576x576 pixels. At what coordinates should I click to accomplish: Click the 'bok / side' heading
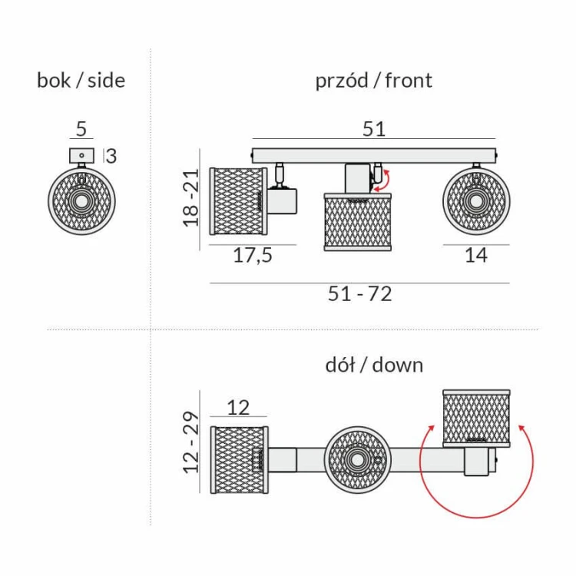(x=81, y=80)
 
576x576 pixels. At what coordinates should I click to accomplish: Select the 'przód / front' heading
(x=373, y=80)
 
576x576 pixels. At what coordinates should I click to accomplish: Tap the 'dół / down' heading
(x=374, y=364)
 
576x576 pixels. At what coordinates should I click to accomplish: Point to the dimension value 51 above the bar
(x=374, y=129)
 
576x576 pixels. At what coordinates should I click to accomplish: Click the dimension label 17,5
(x=253, y=256)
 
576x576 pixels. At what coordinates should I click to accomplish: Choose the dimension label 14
(x=476, y=256)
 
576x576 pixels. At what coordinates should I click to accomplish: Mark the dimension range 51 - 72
(x=359, y=293)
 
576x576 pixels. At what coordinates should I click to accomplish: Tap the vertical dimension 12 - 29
(x=191, y=442)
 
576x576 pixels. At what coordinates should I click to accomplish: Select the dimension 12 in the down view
(x=238, y=407)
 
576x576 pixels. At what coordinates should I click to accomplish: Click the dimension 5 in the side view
(x=81, y=129)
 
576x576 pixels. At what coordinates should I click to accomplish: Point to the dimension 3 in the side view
(x=111, y=156)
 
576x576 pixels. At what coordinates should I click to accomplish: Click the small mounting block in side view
(x=81, y=155)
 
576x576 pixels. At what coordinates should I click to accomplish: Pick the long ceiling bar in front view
(x=374, y=155)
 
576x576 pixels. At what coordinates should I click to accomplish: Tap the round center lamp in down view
(x=357, y=460)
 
